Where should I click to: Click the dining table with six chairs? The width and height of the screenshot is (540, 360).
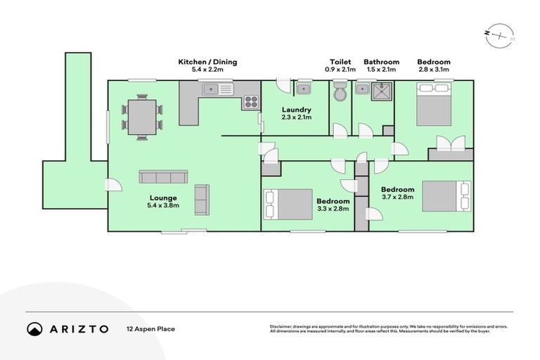tap(141, 117)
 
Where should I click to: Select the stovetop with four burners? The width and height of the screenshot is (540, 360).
tap(250, 103)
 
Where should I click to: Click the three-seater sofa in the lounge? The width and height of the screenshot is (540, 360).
tap(162, 176)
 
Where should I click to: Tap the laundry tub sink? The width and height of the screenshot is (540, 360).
tap(304, 89)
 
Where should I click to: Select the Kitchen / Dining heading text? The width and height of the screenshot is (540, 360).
tap(207, 62)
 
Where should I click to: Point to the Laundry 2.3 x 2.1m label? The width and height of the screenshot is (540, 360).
tap(295, 114)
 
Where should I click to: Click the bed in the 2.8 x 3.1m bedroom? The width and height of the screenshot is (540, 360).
tap(433, 99)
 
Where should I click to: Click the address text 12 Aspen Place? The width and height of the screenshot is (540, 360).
tap(150, 328)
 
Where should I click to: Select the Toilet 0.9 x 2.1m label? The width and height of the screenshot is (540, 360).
tap(340, 65)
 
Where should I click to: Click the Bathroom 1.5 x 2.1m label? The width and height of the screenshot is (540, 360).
tap(381, 65)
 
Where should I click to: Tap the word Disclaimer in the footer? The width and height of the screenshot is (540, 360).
tap(282, 326)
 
